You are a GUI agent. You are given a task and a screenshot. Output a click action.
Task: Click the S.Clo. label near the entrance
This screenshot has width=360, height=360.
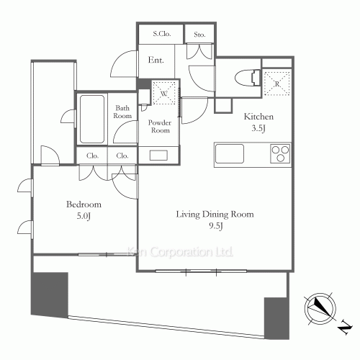pos(161,34)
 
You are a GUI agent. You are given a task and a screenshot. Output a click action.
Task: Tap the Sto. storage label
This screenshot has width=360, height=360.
pos(197,34)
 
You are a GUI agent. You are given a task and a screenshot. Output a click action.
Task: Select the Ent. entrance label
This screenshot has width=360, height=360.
pos(156,60)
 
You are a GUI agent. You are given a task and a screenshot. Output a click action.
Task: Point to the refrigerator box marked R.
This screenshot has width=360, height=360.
pos(276,81)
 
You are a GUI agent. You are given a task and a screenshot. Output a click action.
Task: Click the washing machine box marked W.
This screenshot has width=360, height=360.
pos(165,92)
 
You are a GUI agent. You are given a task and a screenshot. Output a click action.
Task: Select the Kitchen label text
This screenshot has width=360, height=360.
pos(258,117)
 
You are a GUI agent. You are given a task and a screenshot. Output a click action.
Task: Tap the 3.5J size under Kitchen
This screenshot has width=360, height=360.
pos(258,130)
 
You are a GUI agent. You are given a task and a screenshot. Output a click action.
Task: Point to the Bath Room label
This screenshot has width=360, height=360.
pos(123,112)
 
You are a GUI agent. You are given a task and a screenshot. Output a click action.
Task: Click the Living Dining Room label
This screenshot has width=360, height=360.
pos(215,214)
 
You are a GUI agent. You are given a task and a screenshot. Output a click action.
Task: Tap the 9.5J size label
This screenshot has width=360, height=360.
pos(215,227)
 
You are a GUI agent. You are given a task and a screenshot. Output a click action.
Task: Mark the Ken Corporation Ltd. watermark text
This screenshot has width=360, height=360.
pos(180,253)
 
